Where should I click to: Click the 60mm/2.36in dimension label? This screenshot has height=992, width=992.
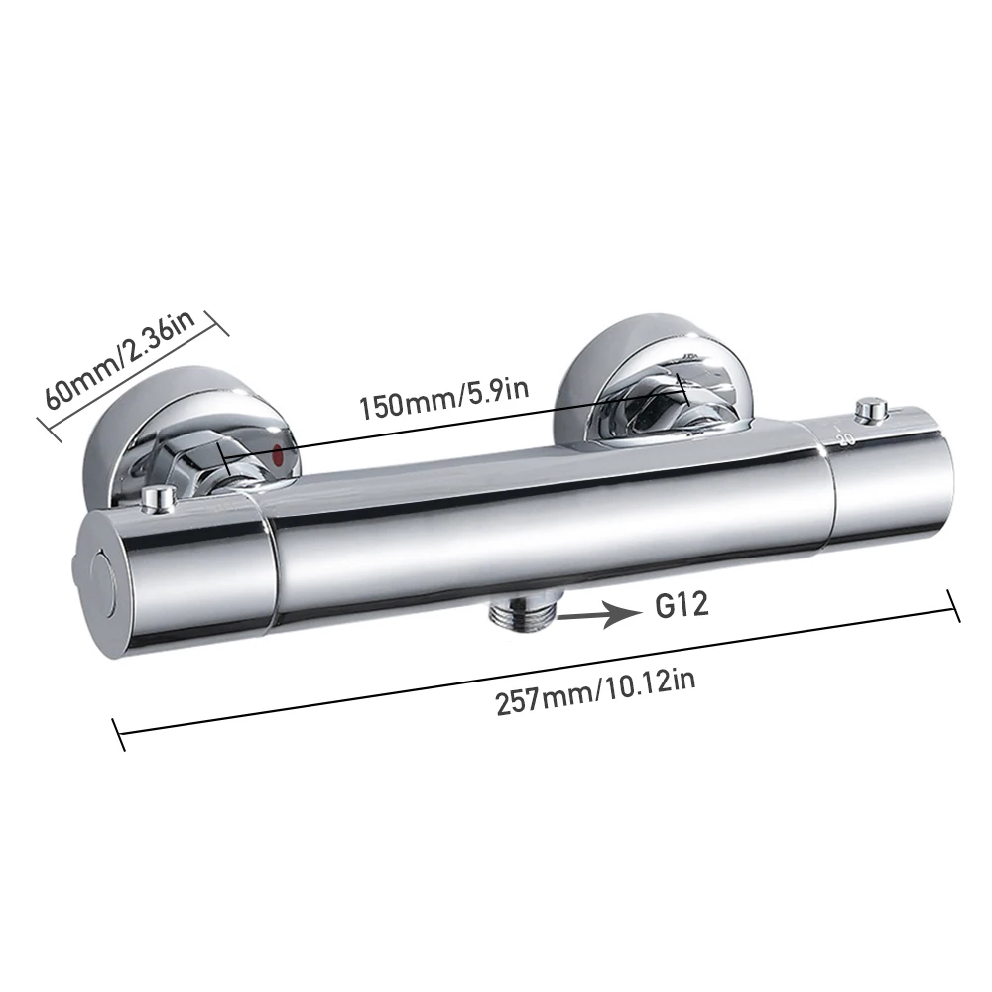pyautogui.click(x=120, y=359)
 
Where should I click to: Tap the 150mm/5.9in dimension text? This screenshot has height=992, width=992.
pyautogui.click(x=444, y=399)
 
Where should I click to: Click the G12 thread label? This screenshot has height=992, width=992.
pyautogui.click(x=682, y=605)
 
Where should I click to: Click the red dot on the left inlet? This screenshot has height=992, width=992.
pyautogui.click(x=277, y=453)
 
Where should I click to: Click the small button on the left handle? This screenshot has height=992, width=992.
pyautogui.click(x=158, y=498)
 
